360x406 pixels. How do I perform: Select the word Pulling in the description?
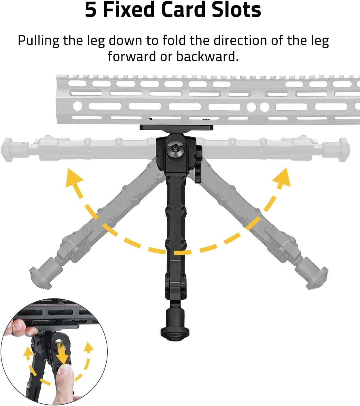(x=38, y=41)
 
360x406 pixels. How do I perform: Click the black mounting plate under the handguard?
(x=176, y=127)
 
